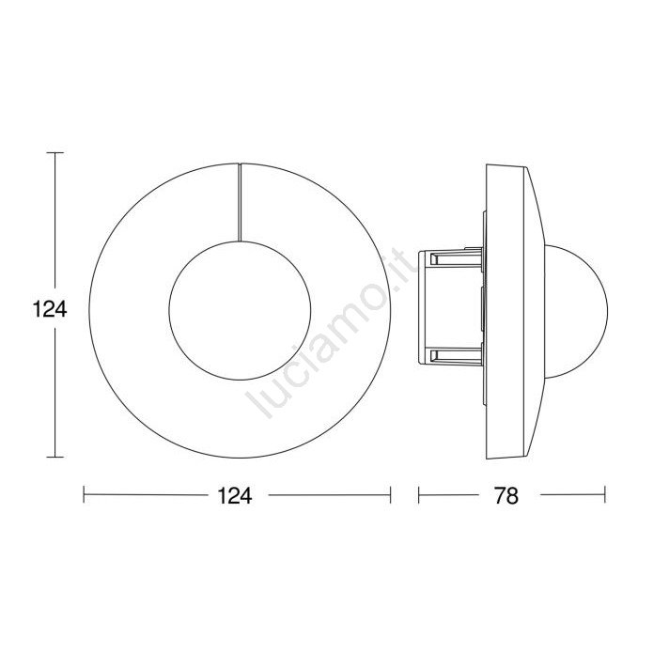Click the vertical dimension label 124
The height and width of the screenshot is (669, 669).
(50, 309)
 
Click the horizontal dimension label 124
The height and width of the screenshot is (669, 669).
(235, 496)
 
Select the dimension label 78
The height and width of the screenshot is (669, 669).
(506, 496)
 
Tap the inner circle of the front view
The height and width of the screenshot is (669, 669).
(169, 310)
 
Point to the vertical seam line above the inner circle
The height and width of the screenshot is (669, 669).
(240, 202)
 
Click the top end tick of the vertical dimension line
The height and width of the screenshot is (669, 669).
(55, 152)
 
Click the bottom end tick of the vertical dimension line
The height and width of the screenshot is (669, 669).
(55, 457)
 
